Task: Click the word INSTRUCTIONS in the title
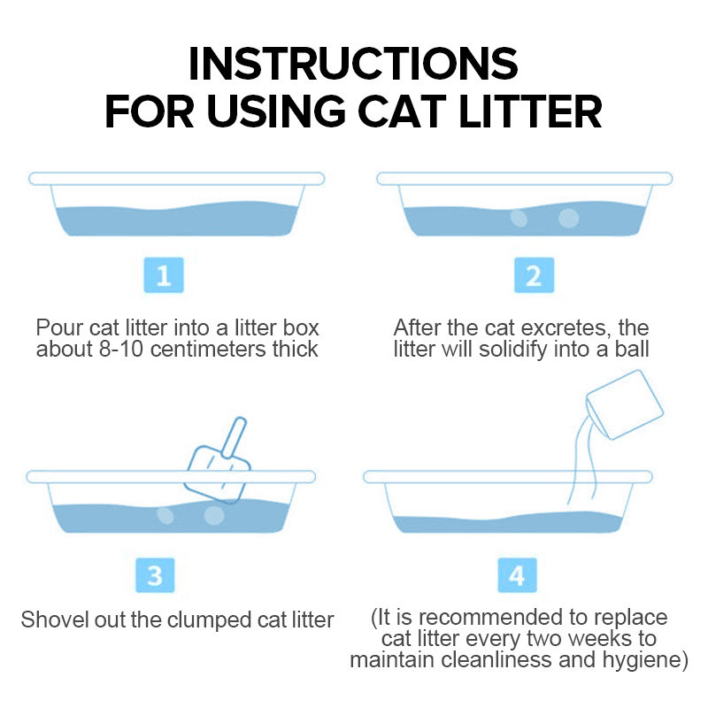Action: coord(353,63)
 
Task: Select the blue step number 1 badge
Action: coord(164,275)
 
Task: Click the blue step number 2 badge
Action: coord(534,275)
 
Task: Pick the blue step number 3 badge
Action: coord(155,575)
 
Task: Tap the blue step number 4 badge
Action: coord(517,575)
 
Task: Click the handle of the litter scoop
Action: coord(235,437)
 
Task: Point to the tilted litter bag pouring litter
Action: coord(625,404)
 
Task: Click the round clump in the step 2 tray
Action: coord(568,218)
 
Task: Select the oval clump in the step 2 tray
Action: coord(519,218)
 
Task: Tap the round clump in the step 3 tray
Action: coord(214,515)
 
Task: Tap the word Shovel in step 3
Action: coord(55,619)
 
